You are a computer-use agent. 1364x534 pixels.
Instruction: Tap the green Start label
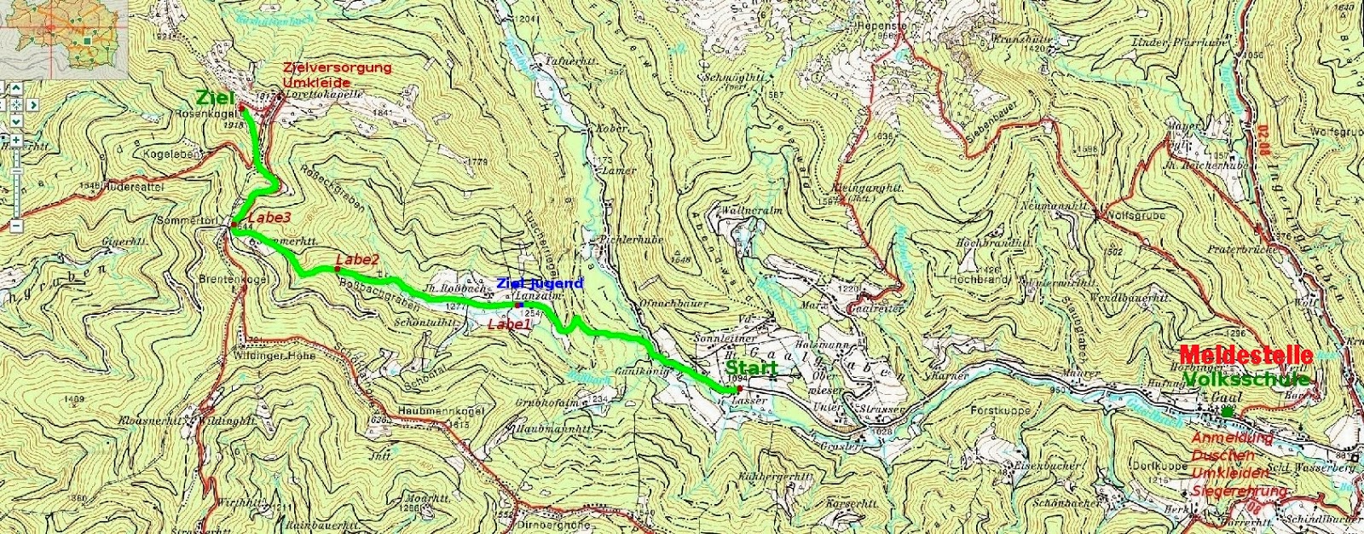point(751,369)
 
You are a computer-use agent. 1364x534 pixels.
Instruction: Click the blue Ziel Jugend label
point(540,283)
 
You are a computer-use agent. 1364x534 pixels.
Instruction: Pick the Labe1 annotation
point(509,324)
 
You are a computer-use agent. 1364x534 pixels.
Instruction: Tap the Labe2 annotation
point(357,258)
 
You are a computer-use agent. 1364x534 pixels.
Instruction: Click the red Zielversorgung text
point(337,67)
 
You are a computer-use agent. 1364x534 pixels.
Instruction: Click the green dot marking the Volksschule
point(1226,412)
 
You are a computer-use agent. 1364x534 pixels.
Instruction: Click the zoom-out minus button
point(15,226)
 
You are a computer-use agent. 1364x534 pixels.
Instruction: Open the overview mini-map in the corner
point(63,38)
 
